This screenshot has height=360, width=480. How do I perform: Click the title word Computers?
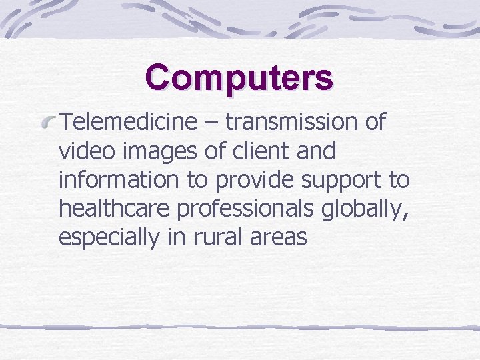click(x=239, y=77)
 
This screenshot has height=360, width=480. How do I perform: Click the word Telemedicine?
click(x=128, y=122)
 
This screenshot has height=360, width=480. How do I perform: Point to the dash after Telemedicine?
click(x=211, y=123)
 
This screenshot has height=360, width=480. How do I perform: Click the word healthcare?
click(x=115, y=209)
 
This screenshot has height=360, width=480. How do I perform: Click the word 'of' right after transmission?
click(x=376, y=122)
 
